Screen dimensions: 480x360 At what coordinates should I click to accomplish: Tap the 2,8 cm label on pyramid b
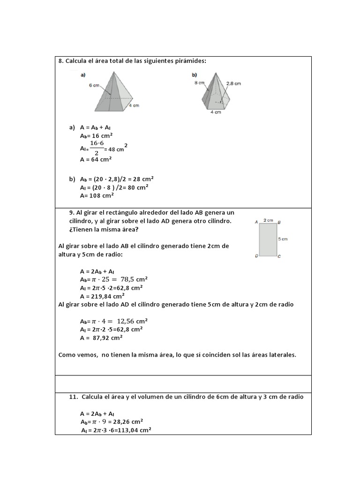(233, 83)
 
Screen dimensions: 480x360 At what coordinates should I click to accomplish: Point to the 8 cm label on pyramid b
(200, 82)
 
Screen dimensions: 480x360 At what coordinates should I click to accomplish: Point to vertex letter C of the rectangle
(279, 256)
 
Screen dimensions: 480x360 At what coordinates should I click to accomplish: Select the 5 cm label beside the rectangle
(283, 239)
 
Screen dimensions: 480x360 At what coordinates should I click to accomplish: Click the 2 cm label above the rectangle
(268, 219)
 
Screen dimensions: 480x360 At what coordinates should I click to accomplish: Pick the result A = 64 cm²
(96, 159)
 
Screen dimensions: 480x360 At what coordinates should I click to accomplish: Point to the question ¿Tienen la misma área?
(104, 229)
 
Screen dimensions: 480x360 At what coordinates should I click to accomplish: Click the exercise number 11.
(73, 397)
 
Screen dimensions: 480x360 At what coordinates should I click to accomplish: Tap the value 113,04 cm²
(134, 430)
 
